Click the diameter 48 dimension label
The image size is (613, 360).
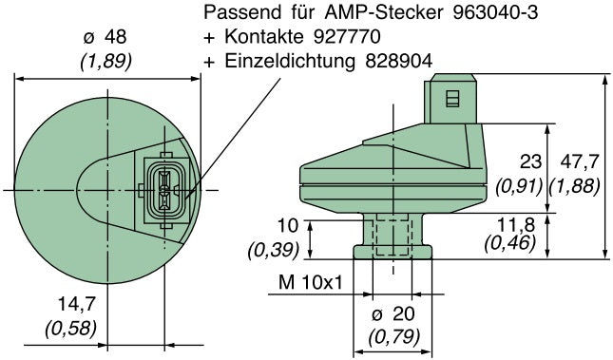coord(105,37)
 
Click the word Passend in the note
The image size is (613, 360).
coord(242,14)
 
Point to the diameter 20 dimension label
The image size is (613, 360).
coord(393,314)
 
